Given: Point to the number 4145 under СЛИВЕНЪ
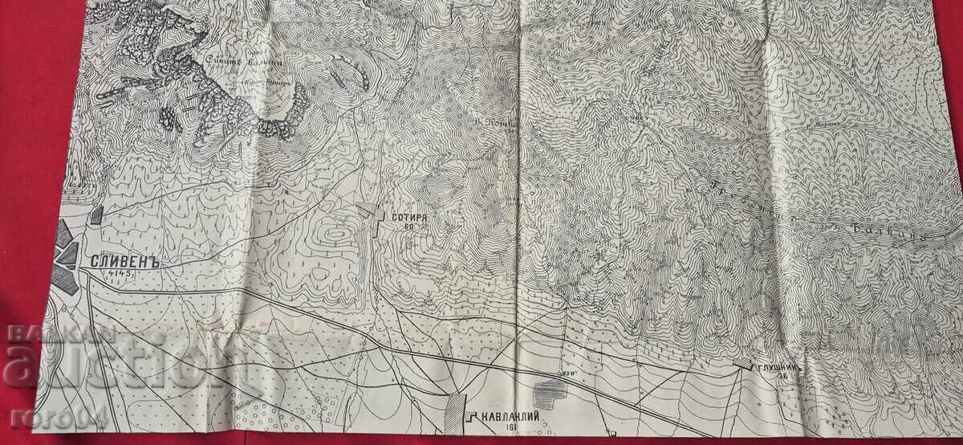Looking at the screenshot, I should [124, 276].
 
